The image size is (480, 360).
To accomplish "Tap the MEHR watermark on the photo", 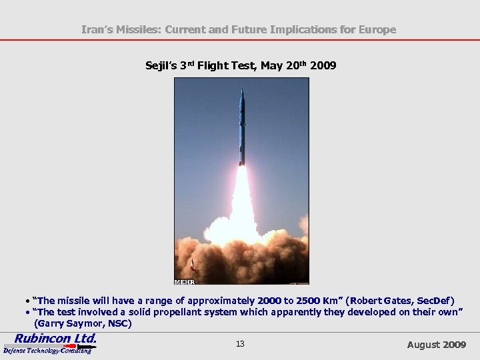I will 184,281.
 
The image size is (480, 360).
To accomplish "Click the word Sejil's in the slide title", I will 161,65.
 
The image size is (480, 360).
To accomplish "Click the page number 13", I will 240,344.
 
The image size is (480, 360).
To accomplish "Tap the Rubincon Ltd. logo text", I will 55,338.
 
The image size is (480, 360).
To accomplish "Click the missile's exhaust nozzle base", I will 242,163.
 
